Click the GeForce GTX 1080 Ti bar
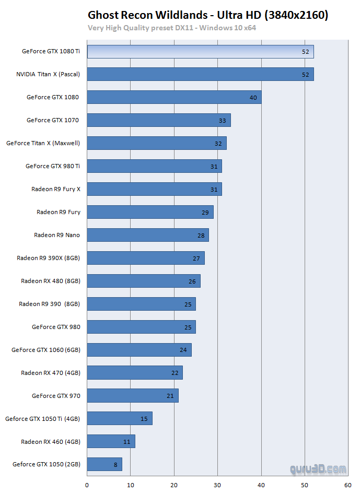point(200,52)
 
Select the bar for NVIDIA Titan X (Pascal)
point(200,74)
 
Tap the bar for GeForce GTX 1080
point(174,97)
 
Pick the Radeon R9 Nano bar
point(148,235)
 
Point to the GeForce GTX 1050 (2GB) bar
point(104,464)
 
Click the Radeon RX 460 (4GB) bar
point(111,441)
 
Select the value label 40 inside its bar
point(253,98)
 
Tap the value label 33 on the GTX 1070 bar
point(223,121)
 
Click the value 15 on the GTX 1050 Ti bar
point(144,419)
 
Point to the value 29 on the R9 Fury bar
point(205,213)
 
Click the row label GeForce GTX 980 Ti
point(53,166)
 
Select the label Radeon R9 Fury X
point(56,189)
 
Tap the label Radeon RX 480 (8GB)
point(51,281)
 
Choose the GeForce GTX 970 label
point(56,396)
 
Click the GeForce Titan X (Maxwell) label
point(43,143)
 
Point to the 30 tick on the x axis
point(217,484)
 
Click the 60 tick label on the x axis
point(348,484)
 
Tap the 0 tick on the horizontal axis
point(87,484)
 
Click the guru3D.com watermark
point(318,469)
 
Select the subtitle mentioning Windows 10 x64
point(172,27)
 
